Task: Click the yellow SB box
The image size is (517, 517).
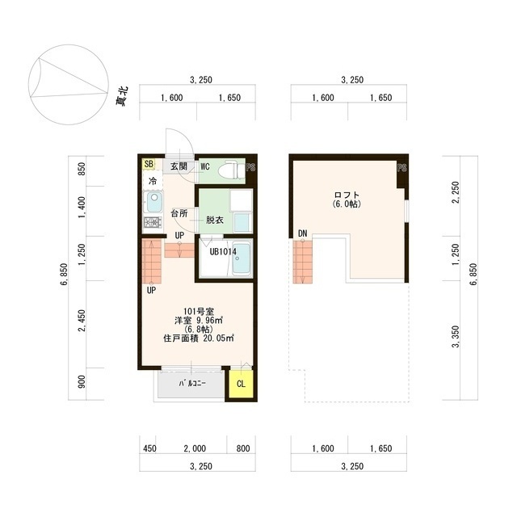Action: click(x=149, y=164)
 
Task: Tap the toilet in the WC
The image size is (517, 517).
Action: click(x=233, y=170)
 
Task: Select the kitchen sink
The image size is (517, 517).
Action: click(x=153, y=202)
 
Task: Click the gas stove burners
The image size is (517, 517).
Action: click(x=153, y=223)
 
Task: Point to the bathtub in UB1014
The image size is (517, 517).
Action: click(x=242, y=258)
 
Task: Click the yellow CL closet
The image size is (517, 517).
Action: click(x=241, y=384)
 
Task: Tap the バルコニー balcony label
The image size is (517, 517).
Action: click(x=192, y=383)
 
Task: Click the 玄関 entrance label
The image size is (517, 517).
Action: click(x=179, y=166)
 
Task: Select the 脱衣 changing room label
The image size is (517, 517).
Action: click(x=215, y=220)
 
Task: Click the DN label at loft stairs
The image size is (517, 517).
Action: click(x=302, y=233)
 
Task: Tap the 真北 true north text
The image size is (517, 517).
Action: click(x=122, y=96)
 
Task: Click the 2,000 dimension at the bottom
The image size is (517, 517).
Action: click(x=195, y=448)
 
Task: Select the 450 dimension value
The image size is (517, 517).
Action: click(x=149, y=448)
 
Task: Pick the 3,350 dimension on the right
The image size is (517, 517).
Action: click(x=456, y=337)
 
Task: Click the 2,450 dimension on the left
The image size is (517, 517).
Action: click(x=82, y=321)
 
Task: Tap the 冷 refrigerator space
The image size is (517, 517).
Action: click(x=153, y=181)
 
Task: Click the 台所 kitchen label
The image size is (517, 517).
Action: click(x=179, y=213)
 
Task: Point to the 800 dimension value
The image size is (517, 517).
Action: click(x=243, y=448)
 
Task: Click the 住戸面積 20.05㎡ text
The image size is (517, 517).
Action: click(x=199, y=338)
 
